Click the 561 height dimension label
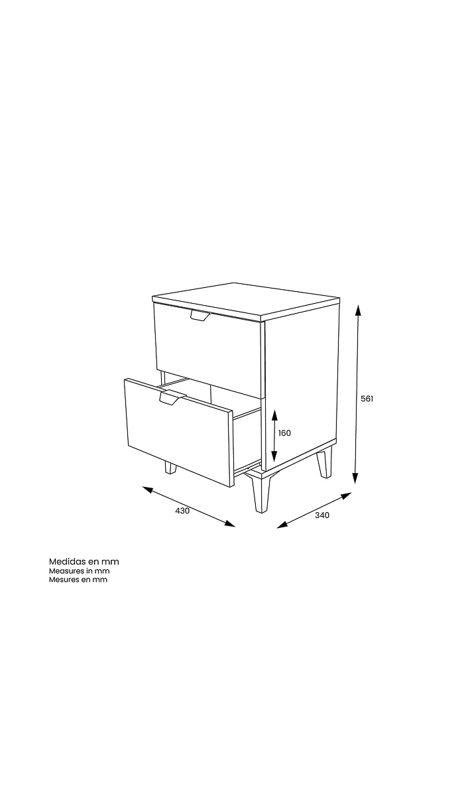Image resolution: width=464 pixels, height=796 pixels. tap(367, 399)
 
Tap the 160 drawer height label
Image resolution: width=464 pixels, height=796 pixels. tap(284, 432)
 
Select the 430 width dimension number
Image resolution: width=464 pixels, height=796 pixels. tap(182, 511)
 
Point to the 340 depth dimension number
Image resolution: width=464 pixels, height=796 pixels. tap(322, 515)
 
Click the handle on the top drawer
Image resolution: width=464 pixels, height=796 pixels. tap(200, 315)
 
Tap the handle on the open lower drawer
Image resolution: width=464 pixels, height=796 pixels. tap(172, 397)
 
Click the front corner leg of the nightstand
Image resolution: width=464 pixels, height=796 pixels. tap(261, 494)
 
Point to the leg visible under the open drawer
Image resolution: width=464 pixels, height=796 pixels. tap(170, 468)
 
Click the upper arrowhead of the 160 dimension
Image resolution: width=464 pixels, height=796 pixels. tap(274, 415)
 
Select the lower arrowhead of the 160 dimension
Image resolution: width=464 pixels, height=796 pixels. tap(274, 456)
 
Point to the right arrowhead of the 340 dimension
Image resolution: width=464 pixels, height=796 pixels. tap(346, 496)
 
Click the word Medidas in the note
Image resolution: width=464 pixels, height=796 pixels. tap(68, 561)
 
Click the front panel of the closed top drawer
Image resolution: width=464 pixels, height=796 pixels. tap(209, 350)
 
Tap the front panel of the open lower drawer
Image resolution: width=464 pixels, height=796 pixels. tap(178, 432)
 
